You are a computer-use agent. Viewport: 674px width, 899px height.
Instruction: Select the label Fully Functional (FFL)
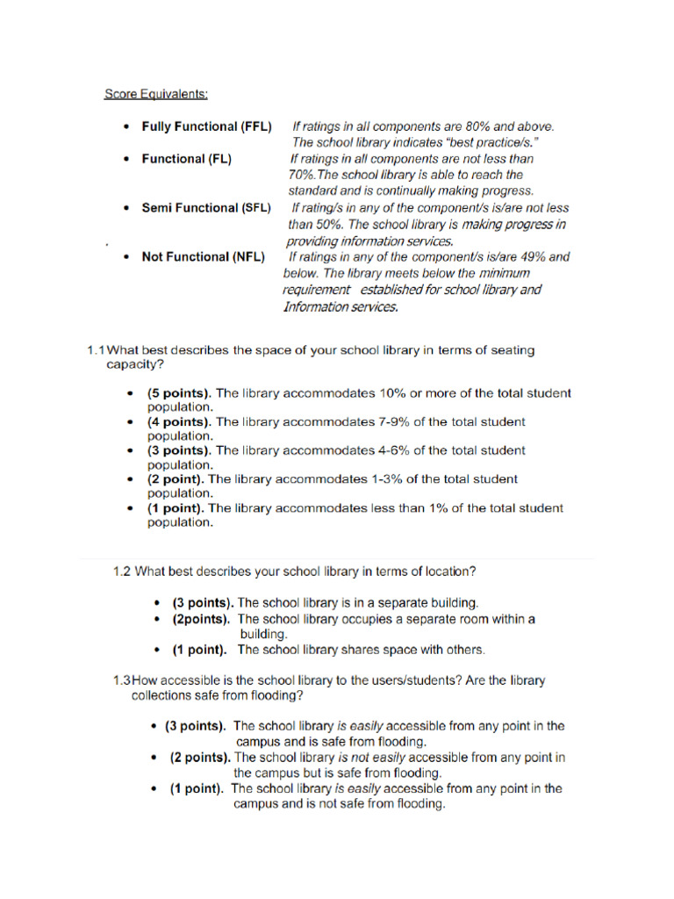[x=206, y=126]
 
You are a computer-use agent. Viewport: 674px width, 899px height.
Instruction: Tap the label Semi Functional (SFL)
[x=206, y=208]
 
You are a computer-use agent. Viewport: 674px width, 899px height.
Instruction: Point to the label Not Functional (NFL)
[x=203, y=257]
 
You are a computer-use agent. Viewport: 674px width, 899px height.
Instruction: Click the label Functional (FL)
[x=186, y=159]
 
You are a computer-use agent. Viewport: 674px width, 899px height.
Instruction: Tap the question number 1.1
[x=97, y=349]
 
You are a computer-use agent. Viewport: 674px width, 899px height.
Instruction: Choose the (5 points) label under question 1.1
[x=179, y=393]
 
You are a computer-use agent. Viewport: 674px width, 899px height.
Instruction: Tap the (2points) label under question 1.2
[x=201, y=619]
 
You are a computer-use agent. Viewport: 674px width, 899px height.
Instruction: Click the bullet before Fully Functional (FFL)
[x=128, y=126]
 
